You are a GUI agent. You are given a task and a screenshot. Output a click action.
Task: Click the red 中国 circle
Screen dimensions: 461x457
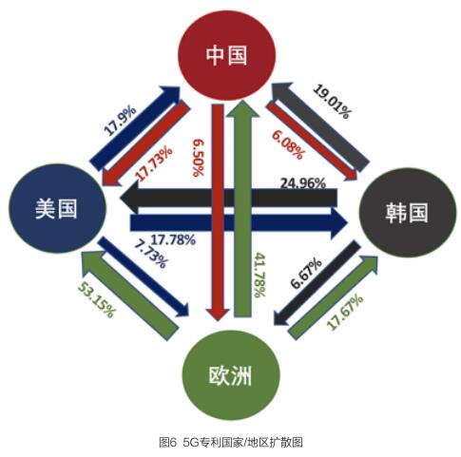point(226,55)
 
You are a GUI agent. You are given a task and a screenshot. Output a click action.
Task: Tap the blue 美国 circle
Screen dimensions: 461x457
point(57,208)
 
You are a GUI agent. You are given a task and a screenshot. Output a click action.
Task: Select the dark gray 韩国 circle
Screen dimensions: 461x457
point(407,213)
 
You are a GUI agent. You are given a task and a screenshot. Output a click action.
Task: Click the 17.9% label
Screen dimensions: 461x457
point(120,121)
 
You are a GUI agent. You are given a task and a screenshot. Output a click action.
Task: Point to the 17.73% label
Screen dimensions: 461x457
point(154,163)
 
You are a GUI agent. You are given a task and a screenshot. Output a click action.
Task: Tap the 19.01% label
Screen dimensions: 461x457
point(333,102)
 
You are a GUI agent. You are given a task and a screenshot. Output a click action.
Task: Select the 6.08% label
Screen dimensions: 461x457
point(288,144)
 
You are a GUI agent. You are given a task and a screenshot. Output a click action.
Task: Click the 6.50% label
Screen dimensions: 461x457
point(199,158)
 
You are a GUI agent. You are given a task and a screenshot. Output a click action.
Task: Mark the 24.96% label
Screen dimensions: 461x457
point(303,183)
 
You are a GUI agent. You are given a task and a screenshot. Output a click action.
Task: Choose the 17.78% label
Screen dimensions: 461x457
point(173,239)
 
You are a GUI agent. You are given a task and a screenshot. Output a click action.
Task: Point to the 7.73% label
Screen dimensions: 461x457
point(150,254)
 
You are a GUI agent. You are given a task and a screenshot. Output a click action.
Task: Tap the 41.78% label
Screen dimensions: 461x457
point(260,275)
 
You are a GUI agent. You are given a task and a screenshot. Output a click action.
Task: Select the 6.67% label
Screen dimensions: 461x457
point(306,273)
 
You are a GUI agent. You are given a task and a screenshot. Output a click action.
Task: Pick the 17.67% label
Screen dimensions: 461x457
point(345,313)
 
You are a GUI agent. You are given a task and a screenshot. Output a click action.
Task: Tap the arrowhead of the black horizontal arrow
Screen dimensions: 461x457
point(129,197)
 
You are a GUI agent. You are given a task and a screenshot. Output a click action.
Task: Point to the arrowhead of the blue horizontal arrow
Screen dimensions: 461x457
point(339,223)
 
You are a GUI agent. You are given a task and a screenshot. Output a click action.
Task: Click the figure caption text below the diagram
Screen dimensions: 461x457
point(231,442)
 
